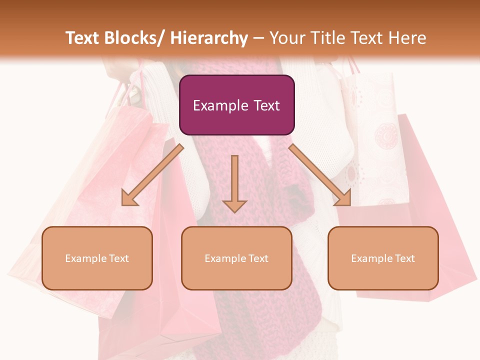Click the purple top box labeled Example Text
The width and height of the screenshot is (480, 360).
click(236, 105)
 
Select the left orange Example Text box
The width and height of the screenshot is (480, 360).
click(97, 258)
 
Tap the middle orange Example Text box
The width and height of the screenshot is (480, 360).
click(236, 258)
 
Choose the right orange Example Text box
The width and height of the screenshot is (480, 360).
click(383, 258)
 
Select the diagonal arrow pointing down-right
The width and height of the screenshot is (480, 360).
click(320, 175)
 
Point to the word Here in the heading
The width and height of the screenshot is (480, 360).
click(407, 38)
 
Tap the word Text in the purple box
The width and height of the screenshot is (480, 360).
click(265, 105)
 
